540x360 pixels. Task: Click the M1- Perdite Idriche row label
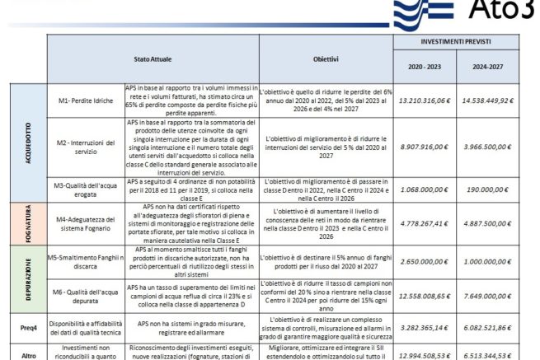[84, 101]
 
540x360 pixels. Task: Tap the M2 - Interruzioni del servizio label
[84, 147]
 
